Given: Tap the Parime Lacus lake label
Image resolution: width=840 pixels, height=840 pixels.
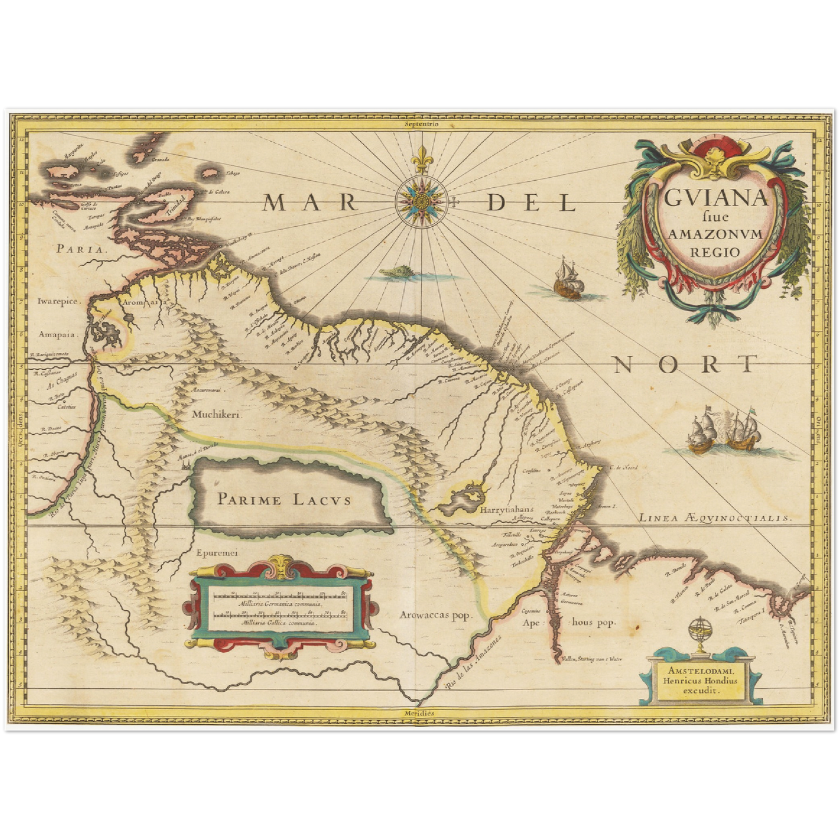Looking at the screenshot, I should (x=284, y=498).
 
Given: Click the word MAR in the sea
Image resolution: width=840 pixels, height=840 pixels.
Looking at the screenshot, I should (x=309, y=202).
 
